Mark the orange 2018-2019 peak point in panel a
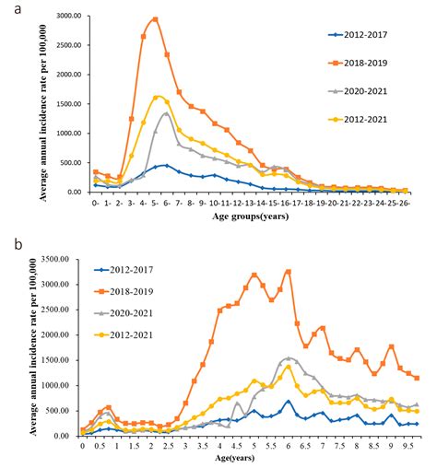pyautogui.click(x=156, y=19)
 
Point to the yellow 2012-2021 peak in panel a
pyautogui.click(x=158, y=97)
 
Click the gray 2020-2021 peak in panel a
pyautogui.click(x=167, y=113)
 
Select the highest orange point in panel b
pyautogui.click(x=289, y=272)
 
